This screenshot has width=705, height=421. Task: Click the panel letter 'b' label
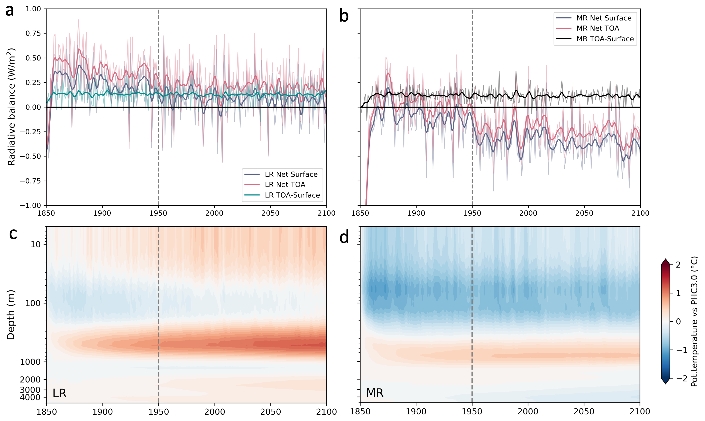(344, 16)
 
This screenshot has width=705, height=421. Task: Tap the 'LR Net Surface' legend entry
(291, 174)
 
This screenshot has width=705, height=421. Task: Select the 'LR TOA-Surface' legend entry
(292, 195)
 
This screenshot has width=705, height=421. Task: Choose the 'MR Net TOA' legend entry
(597, 28)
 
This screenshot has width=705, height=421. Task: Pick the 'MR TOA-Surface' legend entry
(605, 39)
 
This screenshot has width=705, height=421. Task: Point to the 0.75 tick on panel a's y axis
(33, 34)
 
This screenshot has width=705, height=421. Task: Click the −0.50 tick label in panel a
(30, 156)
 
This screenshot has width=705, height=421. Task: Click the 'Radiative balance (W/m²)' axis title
(11, 107)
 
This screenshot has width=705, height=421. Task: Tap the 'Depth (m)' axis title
(11, 315)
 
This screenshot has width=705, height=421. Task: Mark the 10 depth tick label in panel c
(36, 244)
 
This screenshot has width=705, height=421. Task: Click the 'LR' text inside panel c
(59, 393)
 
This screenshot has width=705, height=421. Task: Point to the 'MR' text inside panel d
(375, 393)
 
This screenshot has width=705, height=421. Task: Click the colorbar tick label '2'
(678, 265)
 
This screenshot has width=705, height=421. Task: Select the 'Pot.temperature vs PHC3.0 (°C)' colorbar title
(694, 321)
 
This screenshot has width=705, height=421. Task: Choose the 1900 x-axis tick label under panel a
(102, 213)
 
